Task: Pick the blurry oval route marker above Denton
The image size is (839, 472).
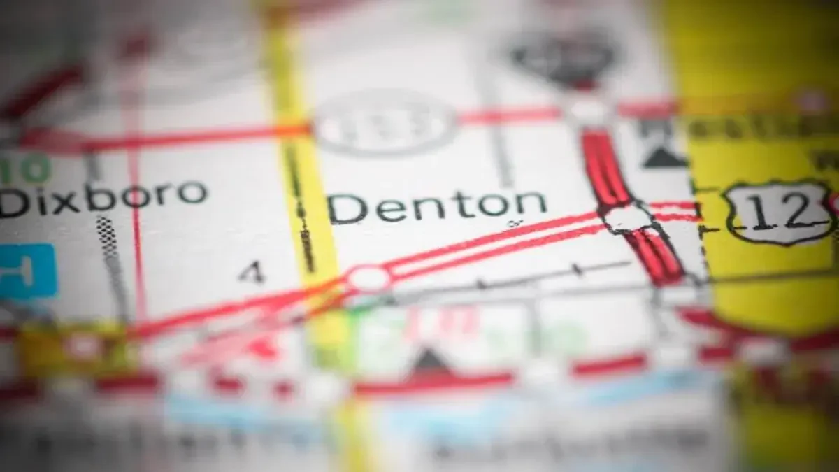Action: pos(385,122)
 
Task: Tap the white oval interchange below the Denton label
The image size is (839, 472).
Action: pos(368,278)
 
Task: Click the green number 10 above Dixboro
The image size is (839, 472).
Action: pos(24,169)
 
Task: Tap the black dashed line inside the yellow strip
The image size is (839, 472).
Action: pos(301,210)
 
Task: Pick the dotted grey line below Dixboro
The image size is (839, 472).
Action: pos(112,259)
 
